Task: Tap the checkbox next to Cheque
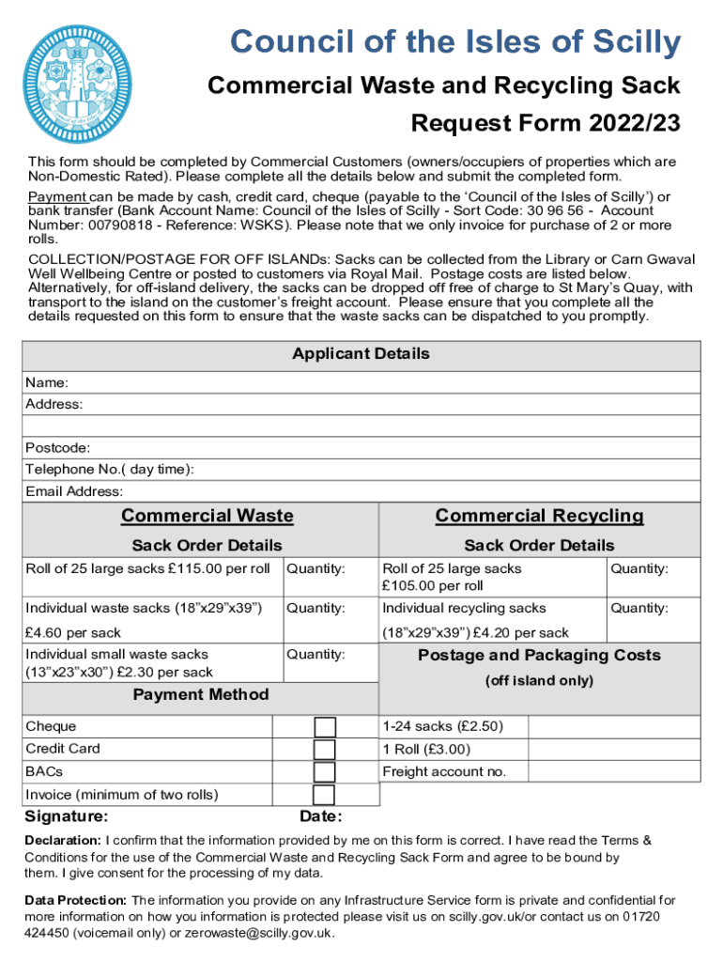click(324, 727)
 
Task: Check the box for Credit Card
click(324, 750)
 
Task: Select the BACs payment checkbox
click(324, 772)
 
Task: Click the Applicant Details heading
click(361, 354)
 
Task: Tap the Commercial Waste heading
click(207, 516)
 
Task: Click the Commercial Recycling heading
click(539, 516)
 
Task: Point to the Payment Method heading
click(200, 695)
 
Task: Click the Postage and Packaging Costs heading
click(539, 656)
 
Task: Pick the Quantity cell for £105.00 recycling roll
click(653, 577)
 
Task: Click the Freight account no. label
click(444, 772)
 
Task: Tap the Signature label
click(66, 816)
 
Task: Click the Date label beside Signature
click(320, 817)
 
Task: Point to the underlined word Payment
click(57, 197)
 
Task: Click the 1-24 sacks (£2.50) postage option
click(442, 727)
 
